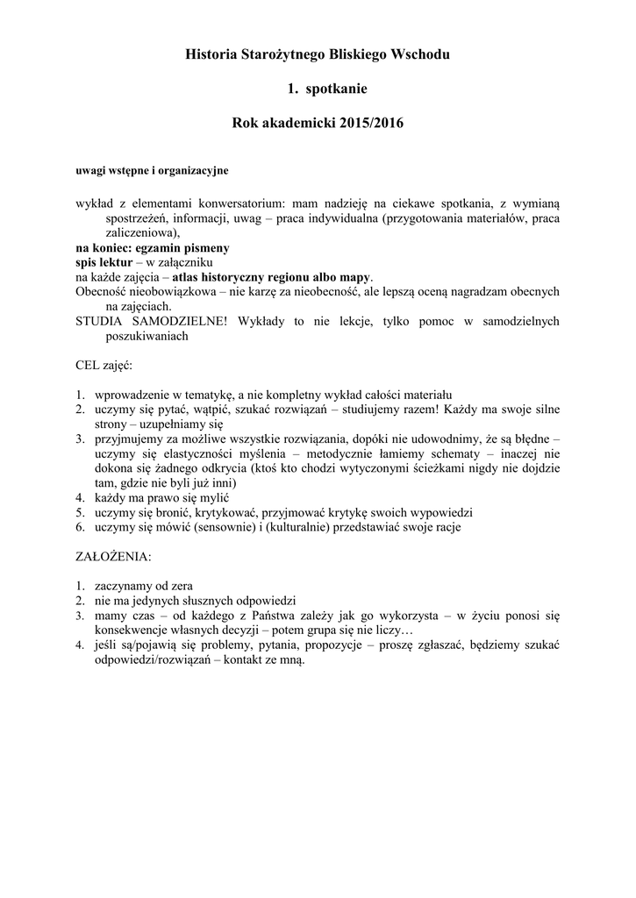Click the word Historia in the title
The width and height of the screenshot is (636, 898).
coord(211,55)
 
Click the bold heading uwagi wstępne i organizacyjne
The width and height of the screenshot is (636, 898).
coord(153,169)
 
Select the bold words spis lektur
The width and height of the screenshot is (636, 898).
coord(104,262)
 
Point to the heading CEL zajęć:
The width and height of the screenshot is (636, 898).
coord(104,364)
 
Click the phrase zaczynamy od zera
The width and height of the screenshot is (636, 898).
coord(144,586)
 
